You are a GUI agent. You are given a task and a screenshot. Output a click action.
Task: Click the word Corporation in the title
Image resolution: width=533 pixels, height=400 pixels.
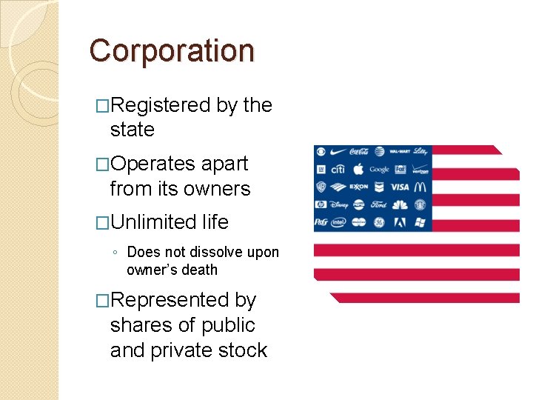tap(172, 51)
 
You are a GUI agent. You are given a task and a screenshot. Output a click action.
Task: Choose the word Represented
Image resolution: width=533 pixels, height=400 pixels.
tap(170, 300)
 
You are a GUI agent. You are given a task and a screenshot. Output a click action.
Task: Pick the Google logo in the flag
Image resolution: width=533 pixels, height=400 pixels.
tap(378, 169)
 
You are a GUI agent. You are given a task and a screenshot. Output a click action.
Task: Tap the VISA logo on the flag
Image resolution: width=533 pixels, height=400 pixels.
tap(400, 187)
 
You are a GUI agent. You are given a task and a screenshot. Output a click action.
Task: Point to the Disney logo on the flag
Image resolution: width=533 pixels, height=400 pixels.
tap(339, 204)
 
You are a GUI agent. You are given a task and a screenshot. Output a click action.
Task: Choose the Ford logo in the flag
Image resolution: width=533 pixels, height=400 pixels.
tap(379, 204)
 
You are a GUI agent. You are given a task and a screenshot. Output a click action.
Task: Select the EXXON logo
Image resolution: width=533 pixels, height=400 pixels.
tap(359, 187)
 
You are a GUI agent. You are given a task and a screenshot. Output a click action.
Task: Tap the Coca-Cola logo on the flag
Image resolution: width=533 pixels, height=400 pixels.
tap(359, 151)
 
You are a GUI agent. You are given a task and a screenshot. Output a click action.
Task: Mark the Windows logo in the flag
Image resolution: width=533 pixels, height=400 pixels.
tap(420, 221)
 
